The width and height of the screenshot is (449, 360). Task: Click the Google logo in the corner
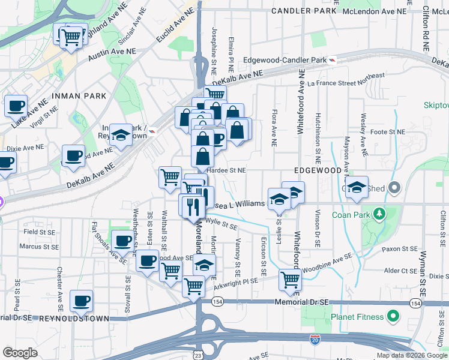point(19,353)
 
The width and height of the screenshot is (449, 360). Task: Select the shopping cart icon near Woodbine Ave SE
point(291,279)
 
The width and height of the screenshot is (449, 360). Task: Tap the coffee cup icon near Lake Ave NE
point(16,106)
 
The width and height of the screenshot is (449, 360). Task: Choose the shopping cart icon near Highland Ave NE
point(72,37)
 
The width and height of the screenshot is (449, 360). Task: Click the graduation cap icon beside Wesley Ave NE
point(357,188)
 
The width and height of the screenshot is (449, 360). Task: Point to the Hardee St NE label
point(226,170)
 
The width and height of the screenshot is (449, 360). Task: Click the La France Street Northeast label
point(346,79)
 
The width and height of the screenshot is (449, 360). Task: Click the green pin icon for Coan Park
point(379,214)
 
